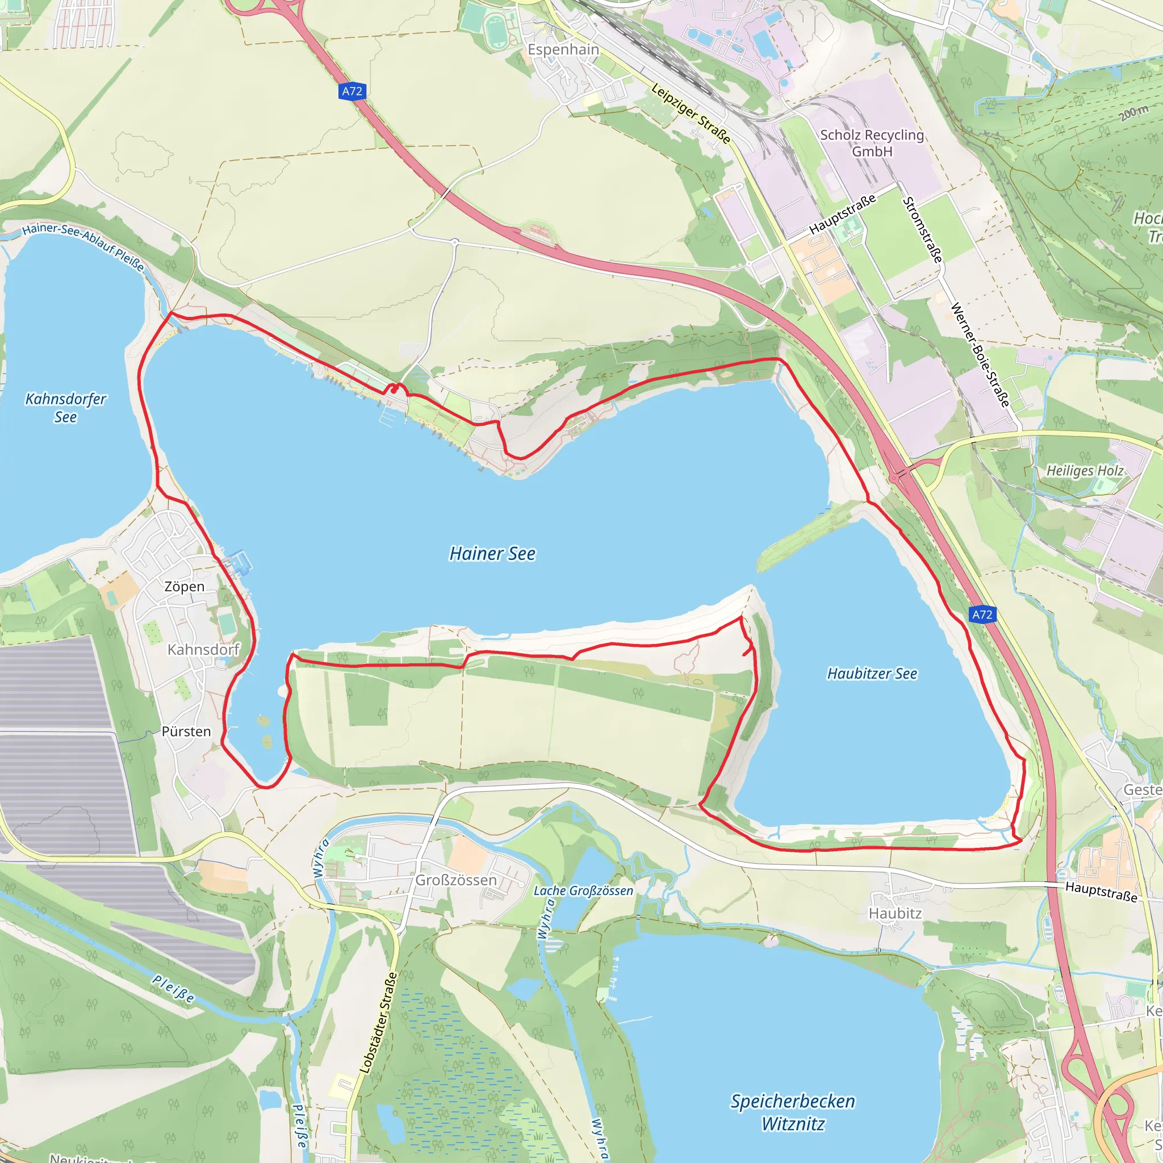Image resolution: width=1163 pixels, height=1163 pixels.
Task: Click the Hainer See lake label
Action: tap(492, 553)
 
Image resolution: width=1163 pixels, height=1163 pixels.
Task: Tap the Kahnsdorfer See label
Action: tap(66, 408)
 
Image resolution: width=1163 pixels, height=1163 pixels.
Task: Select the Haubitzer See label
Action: tap(872, 673)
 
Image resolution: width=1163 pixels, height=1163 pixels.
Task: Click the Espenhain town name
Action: tap(563, 49)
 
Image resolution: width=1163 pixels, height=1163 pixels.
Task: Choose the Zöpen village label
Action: tap(184, 586)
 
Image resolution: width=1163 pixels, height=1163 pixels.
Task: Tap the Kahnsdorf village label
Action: tap(203, 650)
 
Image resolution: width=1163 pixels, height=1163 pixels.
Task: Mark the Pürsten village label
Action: tap(186, 731)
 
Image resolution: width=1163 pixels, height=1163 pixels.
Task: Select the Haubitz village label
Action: tap(894, 913)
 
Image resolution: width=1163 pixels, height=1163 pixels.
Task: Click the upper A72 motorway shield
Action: tap(352, 91)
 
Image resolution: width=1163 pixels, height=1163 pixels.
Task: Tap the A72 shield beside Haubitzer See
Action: tap(982, 614)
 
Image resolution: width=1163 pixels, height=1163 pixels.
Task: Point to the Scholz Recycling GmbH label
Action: tap(872, 143)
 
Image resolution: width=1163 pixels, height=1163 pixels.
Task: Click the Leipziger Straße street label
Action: tap(691, 114)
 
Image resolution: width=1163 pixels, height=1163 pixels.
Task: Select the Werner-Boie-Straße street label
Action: tap(979, 355)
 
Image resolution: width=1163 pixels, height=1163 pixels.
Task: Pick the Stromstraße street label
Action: tap(922, 230)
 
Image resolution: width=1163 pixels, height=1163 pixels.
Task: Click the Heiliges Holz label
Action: tap(1085, 471)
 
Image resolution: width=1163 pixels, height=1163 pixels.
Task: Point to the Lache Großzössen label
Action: tap(583, 891)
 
